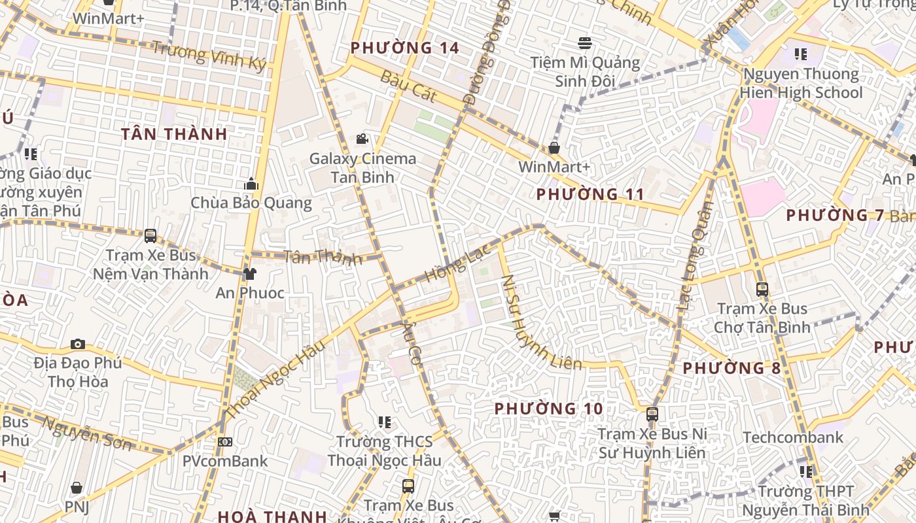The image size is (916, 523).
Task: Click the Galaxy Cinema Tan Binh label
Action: [x=362, y=168]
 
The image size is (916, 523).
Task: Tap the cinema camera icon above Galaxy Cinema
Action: [x=362, y=139]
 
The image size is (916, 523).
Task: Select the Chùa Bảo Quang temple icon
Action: [x=251, y=184]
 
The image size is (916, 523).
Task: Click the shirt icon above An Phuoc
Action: [x=249, y=273]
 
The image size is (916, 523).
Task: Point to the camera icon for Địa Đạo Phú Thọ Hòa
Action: [x=78, y=344]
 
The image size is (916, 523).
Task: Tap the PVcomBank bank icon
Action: [x=225, y=442]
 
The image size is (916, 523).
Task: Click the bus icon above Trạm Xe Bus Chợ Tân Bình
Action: [x=762, y=289]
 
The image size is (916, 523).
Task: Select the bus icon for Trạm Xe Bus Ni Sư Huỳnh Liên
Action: [x=652, y=414]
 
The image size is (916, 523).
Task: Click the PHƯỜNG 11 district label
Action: [x=590, y=194]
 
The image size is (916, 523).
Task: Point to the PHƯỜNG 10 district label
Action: [x=548, y=409]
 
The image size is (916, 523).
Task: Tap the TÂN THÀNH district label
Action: [x=174, y=134]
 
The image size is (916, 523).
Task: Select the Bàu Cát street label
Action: [x=408, y=86]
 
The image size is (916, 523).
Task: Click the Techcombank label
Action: [x=793, y=437]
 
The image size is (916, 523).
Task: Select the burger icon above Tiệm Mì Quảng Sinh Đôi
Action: [x=585, y=43]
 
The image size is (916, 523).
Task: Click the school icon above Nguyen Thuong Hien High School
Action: [x=800, y=54]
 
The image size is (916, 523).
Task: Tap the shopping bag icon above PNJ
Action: [x=77, y=488]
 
